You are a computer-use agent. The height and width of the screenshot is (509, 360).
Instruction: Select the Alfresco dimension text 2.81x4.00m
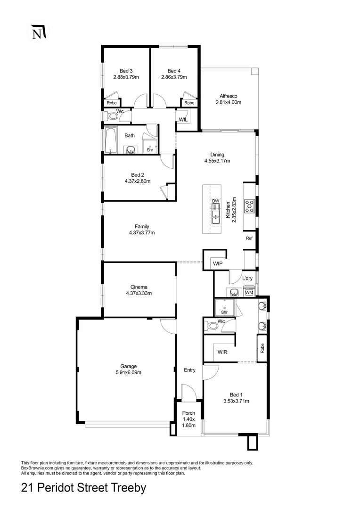click(228, 102)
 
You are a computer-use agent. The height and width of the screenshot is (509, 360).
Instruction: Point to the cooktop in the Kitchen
click(249, 205)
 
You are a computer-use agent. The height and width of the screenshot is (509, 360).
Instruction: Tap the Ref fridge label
click(249, 238)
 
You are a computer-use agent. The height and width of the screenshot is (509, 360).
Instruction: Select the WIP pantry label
click(218, 263)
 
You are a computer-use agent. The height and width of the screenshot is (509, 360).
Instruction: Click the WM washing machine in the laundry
click(249, 293)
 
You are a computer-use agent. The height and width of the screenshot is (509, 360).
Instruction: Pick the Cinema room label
click(139, 287)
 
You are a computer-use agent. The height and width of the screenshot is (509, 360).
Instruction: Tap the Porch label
click(188, 413)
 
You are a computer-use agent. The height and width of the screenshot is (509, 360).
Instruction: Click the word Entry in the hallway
click(189, 370)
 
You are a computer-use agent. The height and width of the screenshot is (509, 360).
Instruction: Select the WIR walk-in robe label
click(223, 352)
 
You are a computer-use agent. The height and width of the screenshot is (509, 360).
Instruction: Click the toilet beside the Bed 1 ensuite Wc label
click(212, 325)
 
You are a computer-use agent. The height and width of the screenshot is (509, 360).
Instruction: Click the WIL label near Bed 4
click(182, 119)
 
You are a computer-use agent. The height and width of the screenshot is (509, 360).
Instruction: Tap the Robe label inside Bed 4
click(189, 103)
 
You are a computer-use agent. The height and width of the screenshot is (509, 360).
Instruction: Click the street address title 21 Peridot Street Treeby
click(84, 488)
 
